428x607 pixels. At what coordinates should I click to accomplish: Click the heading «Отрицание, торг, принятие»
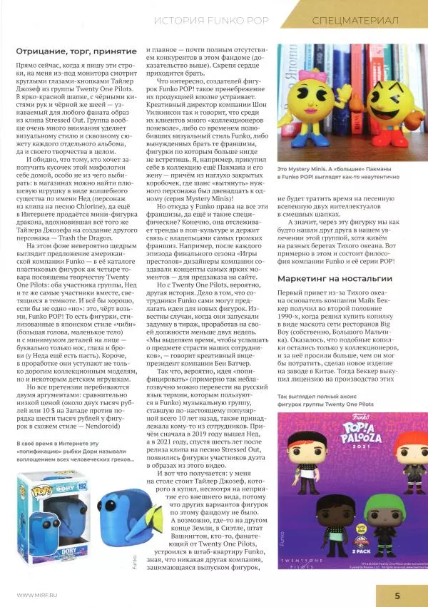(76, 53)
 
